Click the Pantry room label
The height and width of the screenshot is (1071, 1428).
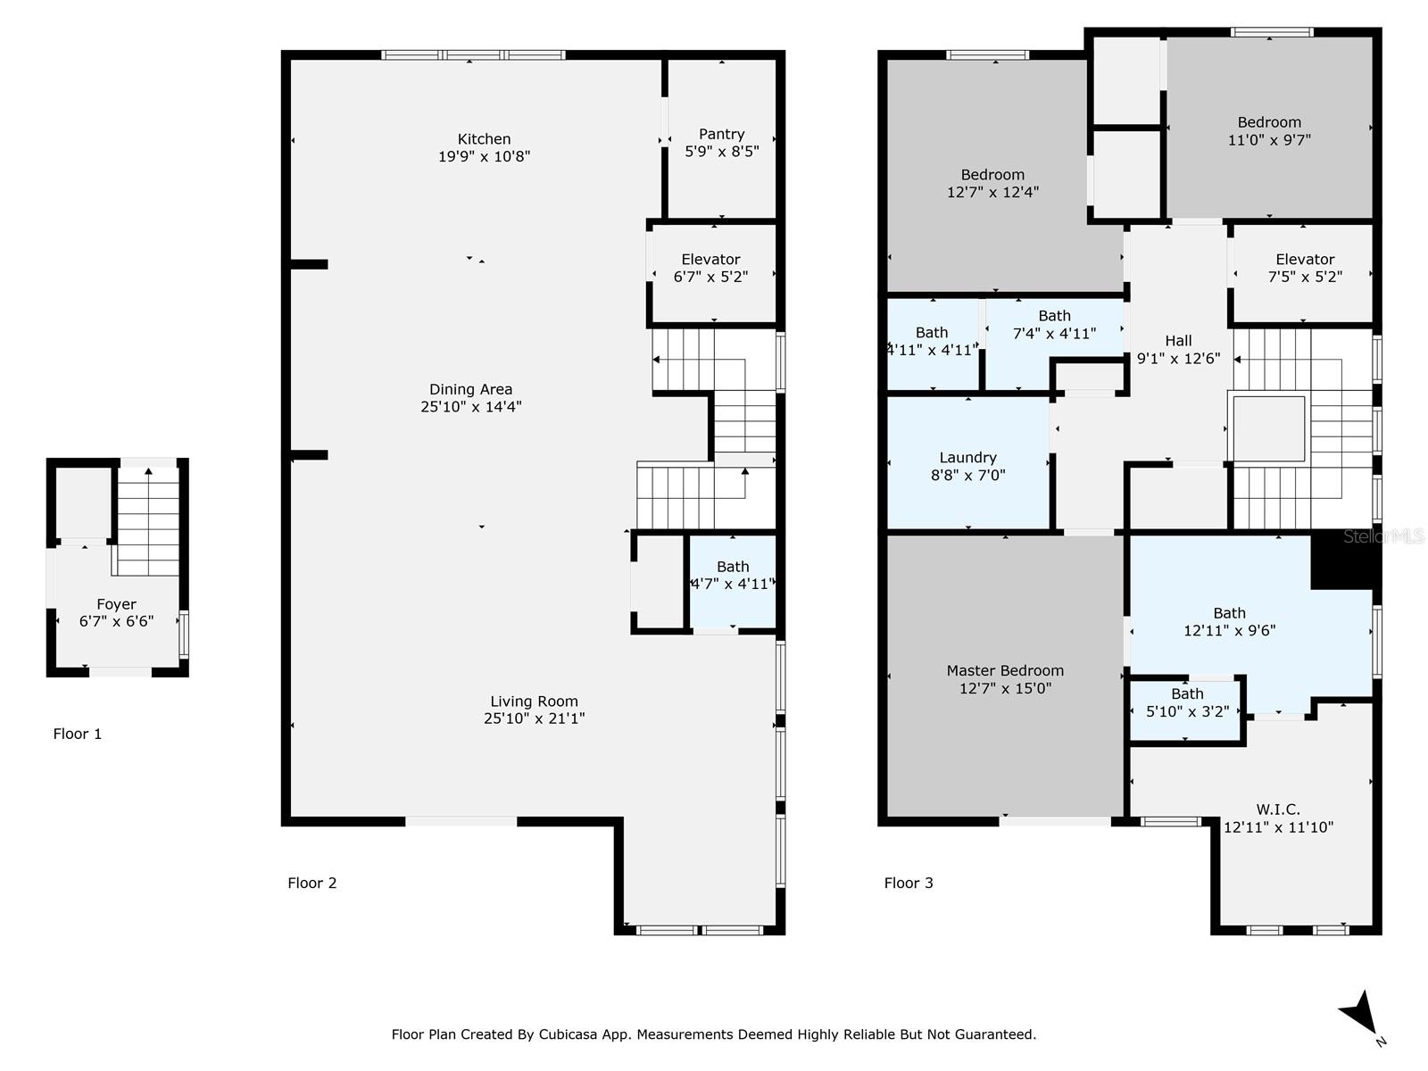click(x=721, y=134)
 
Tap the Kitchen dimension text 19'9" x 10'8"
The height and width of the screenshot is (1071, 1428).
click(x=484, y=156)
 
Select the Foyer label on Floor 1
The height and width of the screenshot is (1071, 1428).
click(x=116, y=604)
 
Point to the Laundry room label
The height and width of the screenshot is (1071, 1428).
click(x=967, y=458)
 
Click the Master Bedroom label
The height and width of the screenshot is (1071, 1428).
click(x=1005, y=670)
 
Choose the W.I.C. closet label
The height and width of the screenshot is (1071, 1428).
click(x=1278, y=809)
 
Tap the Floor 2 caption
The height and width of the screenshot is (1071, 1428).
click(x=311, y=883)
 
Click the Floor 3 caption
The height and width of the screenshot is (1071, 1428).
click(x=908, y=883)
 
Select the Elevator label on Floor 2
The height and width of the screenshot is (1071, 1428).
click(x=710, y=260)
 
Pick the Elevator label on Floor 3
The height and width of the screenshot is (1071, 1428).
click(x=1305, y=260)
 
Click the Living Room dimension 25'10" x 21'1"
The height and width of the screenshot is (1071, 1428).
click(x=534, y=718)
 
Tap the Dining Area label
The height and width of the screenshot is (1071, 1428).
click(x=470, y=389)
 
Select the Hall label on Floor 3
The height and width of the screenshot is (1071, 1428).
click(x=1178, y=341)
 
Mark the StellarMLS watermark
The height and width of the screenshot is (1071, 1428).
click(x=1383, y=536)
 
